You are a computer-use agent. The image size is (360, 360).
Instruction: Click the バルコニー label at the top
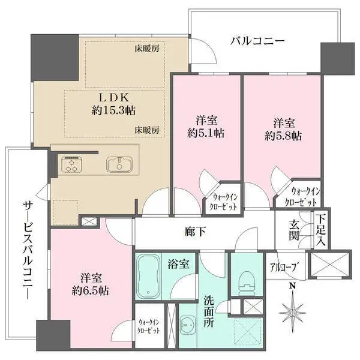tap(257, 41)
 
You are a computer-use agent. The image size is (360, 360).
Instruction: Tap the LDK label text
tap(113, 98)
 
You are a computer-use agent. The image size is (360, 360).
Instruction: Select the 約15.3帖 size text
tap(113, 110)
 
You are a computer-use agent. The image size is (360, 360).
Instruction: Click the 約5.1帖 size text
tap(206, 133)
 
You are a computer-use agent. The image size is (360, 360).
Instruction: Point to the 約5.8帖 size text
tap(283, 136)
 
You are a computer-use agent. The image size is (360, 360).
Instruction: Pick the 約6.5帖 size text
tap(91, 290)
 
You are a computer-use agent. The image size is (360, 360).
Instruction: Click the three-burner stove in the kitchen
tap(71, 164)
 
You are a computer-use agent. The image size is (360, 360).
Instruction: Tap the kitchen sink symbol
tap(119, 164)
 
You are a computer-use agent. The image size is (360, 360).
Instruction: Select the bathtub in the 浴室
tap(148, 276)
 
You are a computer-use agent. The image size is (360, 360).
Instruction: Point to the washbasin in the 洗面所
tap(188, 325)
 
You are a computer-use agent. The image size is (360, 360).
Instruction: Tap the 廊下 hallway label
tap(195, 232)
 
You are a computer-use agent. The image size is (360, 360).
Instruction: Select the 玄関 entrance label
tap(294, 230)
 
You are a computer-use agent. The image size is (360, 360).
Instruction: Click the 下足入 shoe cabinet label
tap(320, 230)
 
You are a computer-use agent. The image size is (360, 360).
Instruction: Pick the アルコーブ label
tap(284, 267)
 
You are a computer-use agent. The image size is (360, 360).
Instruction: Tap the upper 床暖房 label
tap(147, 49)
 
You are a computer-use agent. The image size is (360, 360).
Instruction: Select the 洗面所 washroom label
tap(209, 312)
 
